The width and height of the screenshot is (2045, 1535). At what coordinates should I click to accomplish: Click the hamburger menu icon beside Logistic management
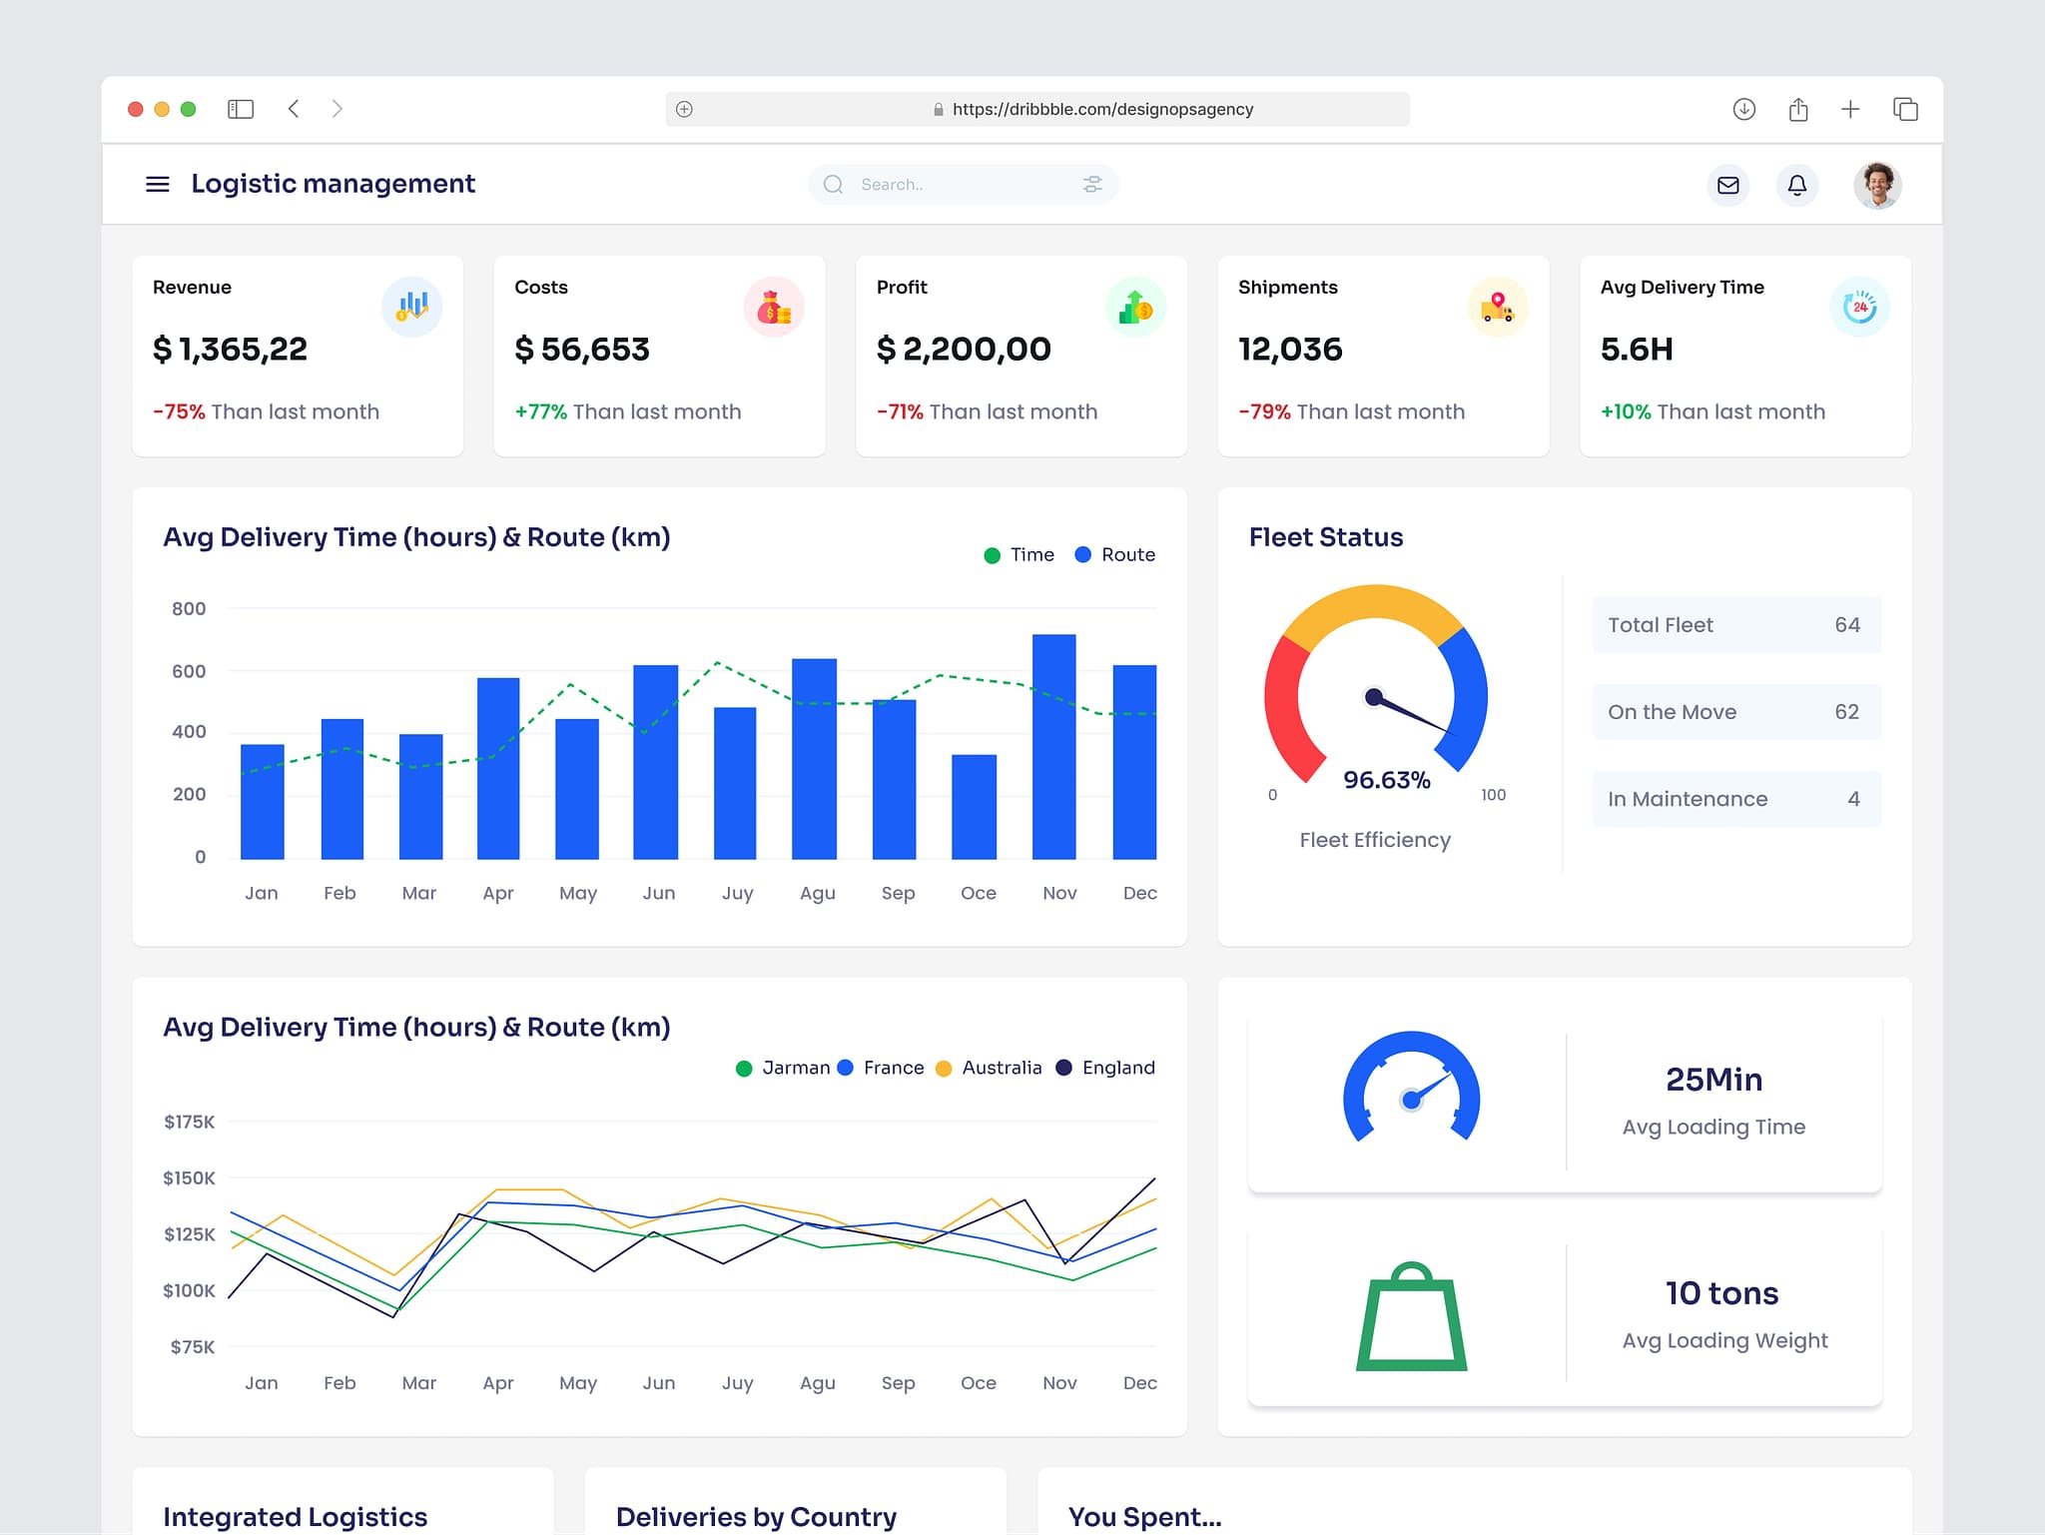(x=158, y=184)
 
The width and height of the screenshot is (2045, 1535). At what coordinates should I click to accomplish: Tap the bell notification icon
(x=1796, y=185)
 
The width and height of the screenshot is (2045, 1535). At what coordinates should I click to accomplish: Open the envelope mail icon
(x=1727, y=185)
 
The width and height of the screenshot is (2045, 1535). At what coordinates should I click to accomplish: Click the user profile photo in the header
(x=1877, y=185)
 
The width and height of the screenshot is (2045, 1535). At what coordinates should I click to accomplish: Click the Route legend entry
(x=1115, y=554)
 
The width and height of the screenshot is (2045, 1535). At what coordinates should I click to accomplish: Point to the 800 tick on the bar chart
(x=189, y=608)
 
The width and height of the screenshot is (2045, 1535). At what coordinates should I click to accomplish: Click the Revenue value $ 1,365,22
(x=230, y=350)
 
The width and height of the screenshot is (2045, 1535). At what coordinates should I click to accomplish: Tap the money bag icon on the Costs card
(x=773, y=308)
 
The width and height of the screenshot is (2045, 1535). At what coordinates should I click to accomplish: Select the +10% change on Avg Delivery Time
(x=1626, y=411)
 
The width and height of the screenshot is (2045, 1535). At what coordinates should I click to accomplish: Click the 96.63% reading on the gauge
(x=1386, y=780)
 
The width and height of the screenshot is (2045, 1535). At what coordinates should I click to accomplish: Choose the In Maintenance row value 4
(x=1853, y=799)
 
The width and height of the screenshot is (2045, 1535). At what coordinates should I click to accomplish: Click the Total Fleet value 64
(x=1846, y=625)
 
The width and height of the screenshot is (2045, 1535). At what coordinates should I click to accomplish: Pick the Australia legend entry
(x=990, y=1068)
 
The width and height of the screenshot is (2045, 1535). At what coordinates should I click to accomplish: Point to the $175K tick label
(x=190, y=1122)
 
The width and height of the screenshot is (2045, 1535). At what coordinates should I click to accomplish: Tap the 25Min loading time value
(x=1713, y=1080)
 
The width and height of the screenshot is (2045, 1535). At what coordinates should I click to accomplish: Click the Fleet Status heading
(x=1325, y=537)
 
